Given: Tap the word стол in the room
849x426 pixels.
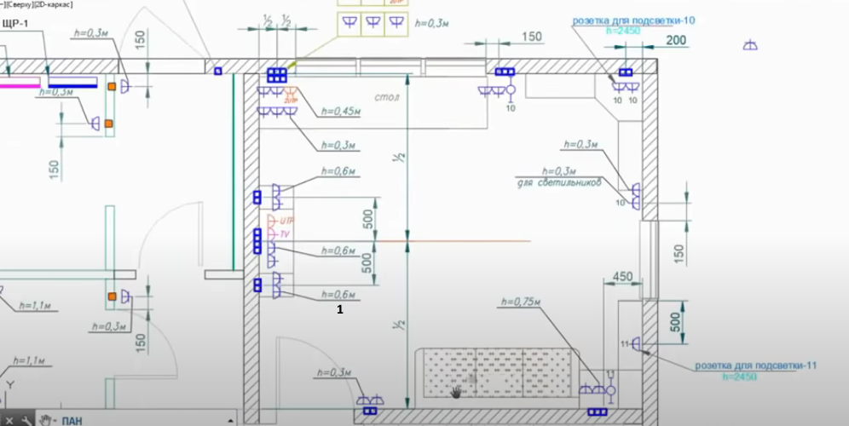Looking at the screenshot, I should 387,98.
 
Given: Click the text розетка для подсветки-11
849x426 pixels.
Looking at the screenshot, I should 756,365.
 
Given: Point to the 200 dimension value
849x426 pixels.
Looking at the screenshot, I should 676,40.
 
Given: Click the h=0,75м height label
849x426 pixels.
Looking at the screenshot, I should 522,301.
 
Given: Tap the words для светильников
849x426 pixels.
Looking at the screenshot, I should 560,182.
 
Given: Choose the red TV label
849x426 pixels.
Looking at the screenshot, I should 285,233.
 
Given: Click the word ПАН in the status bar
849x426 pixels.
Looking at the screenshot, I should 72,419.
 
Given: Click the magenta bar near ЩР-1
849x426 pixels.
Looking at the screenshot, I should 20,83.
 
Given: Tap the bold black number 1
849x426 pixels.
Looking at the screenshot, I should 340,310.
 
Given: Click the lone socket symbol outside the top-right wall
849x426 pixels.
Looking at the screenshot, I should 750,45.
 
